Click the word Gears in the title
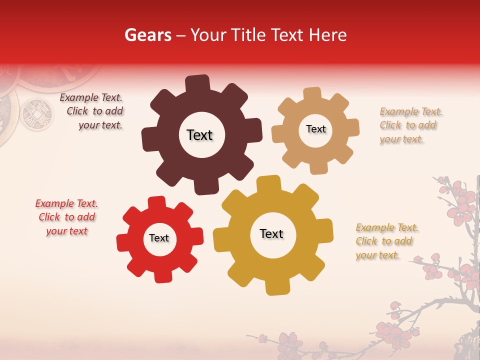coord(147,35)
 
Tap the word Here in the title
coord(328,35)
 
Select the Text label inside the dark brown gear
coord(199,135)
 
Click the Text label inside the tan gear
coord(315,129)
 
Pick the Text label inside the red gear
coord(159,238)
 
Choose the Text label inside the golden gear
coord(271,233)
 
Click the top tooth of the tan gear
coord(312,94)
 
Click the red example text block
coord(66,217)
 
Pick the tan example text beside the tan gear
coord(408,125)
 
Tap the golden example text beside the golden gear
coord(385,241)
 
